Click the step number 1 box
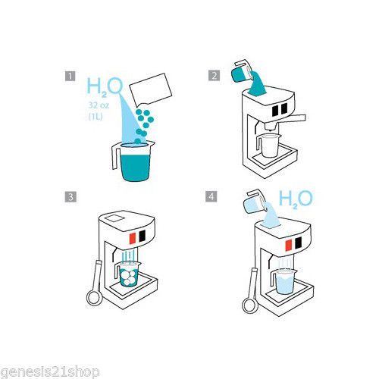point(70,76)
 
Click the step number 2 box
point(214,76)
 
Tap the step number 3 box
point(70,196)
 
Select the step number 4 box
point(211,196)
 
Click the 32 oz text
point(99,105)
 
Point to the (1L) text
point(96,117)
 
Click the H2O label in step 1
point(105,86)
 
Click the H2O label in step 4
point(296,199)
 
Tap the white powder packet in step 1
point(151,89)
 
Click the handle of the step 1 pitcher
point(115,156)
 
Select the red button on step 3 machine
point(133,238)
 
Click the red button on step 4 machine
point(289,245)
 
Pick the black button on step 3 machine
point(143,236)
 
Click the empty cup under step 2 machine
point(269,146)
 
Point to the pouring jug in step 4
point(257,202)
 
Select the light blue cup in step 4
point(283,282)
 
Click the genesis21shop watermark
point(50,371)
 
